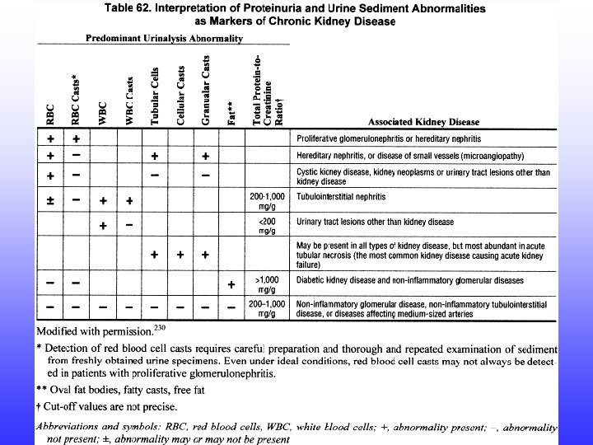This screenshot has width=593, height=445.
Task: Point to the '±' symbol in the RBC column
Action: (51, 199)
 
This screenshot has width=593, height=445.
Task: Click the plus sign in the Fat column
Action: (231, 285)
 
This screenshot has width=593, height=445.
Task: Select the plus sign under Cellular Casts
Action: (180, 255)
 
